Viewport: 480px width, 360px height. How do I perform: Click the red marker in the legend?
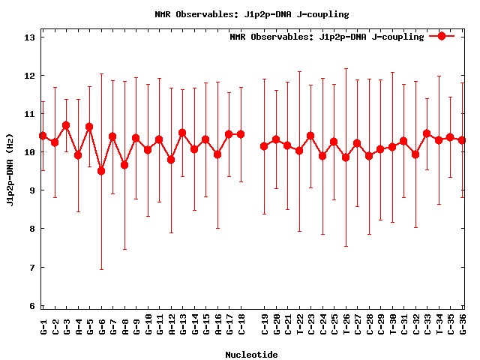442,36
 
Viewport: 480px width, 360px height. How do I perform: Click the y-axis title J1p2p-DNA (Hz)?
10,172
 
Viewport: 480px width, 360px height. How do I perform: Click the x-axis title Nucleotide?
251,355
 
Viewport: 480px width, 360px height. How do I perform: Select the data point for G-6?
101,171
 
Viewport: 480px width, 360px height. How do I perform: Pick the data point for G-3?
66,125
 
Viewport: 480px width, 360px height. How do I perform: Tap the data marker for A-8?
124,165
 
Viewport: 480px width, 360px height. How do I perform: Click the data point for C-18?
241,134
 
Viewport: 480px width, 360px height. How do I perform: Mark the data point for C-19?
264,146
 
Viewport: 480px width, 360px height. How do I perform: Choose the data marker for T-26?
346,157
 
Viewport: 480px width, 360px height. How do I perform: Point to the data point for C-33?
427,133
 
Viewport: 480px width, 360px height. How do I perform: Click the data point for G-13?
182,133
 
